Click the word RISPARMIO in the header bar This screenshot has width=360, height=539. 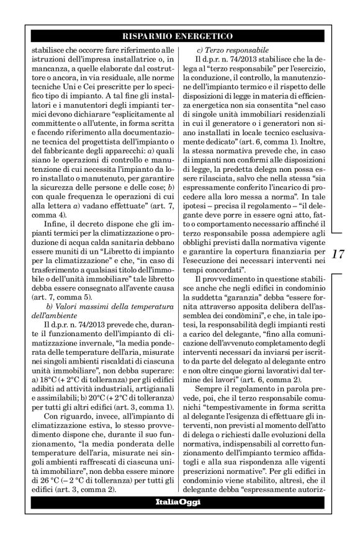click(149, 36)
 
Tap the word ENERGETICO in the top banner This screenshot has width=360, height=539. click(205, 36)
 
